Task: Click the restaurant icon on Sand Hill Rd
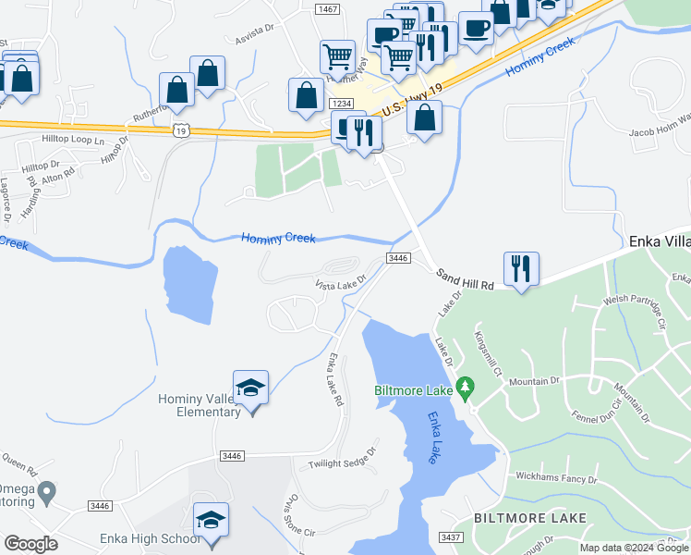[x=521, y=269]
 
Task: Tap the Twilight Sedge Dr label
[x=343, y=461]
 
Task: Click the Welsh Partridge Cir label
[x=635, y=310]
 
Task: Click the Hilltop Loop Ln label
[x=73, y=140]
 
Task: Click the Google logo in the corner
[x=30, y=544]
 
